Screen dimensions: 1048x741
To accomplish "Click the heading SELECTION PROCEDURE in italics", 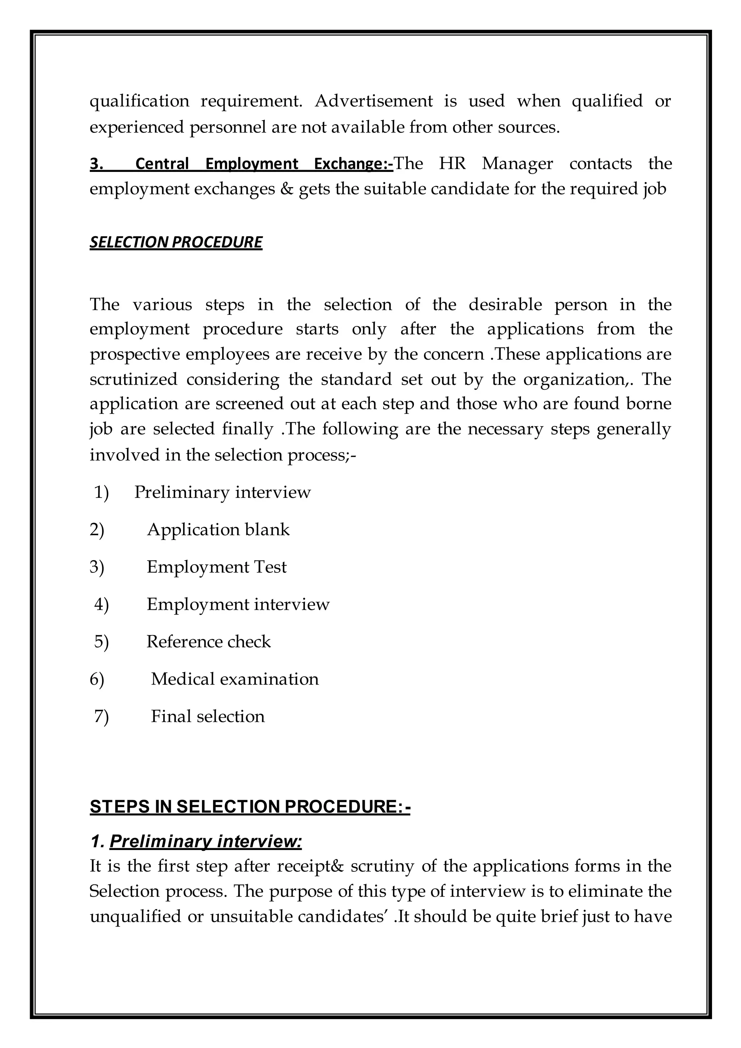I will tap(176, 242).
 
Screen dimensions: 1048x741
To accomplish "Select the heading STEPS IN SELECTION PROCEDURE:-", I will tap(250, 807).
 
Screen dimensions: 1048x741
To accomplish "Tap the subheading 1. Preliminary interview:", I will tap(196, 841).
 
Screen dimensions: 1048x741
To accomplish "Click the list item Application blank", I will tap(218, 530).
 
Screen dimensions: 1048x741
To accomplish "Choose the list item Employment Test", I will tap(216, 567).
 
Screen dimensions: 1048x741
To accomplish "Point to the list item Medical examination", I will tap(234, 679).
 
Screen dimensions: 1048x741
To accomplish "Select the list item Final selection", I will tap(208, 717).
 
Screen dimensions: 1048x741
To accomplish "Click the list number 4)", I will tap(101, 605).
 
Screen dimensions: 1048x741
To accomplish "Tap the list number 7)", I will tap(101, 717).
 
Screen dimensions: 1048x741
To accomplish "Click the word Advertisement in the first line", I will tap(373, 101).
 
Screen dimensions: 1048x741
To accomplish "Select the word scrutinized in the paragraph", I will tap(133, 379).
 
